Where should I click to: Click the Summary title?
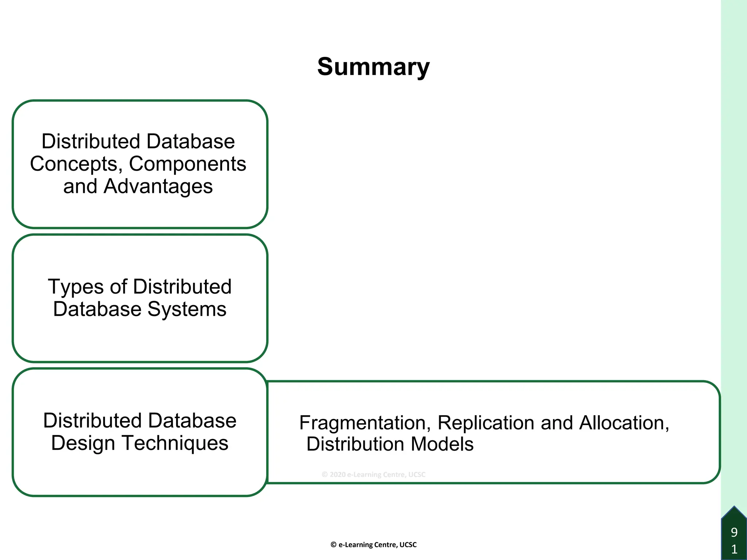[373, 67]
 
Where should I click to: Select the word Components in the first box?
[187, 164]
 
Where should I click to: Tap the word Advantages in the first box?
[158, 187]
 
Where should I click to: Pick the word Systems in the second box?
[187, 309]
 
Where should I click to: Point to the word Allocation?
[624, 423]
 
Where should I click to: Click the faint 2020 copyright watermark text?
[373, 474]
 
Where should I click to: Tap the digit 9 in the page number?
[734, 532]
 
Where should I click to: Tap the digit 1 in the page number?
[734, 549]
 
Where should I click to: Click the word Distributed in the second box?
[182, 287]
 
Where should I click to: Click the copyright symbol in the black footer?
[333, 545]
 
